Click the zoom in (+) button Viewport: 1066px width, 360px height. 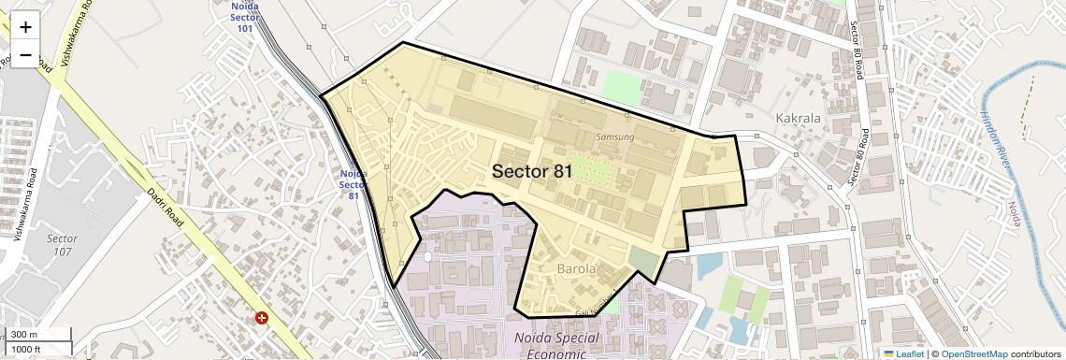[25, 27]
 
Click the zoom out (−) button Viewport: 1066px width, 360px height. [25, 55]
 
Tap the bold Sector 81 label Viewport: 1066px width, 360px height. [532, 171]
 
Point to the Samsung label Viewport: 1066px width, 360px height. [615, 137]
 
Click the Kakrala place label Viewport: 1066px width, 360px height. [798, 119]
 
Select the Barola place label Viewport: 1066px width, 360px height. [576, 269]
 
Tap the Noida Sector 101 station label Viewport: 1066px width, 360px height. [245, 17]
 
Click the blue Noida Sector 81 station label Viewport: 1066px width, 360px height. [353, 184]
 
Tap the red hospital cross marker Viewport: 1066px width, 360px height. [262, 318]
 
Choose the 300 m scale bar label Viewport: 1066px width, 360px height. [25, 335]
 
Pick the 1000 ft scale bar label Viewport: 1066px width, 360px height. [28, 349]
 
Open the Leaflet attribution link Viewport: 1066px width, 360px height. [903, 353]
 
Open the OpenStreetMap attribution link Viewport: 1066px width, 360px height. [973, 353]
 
